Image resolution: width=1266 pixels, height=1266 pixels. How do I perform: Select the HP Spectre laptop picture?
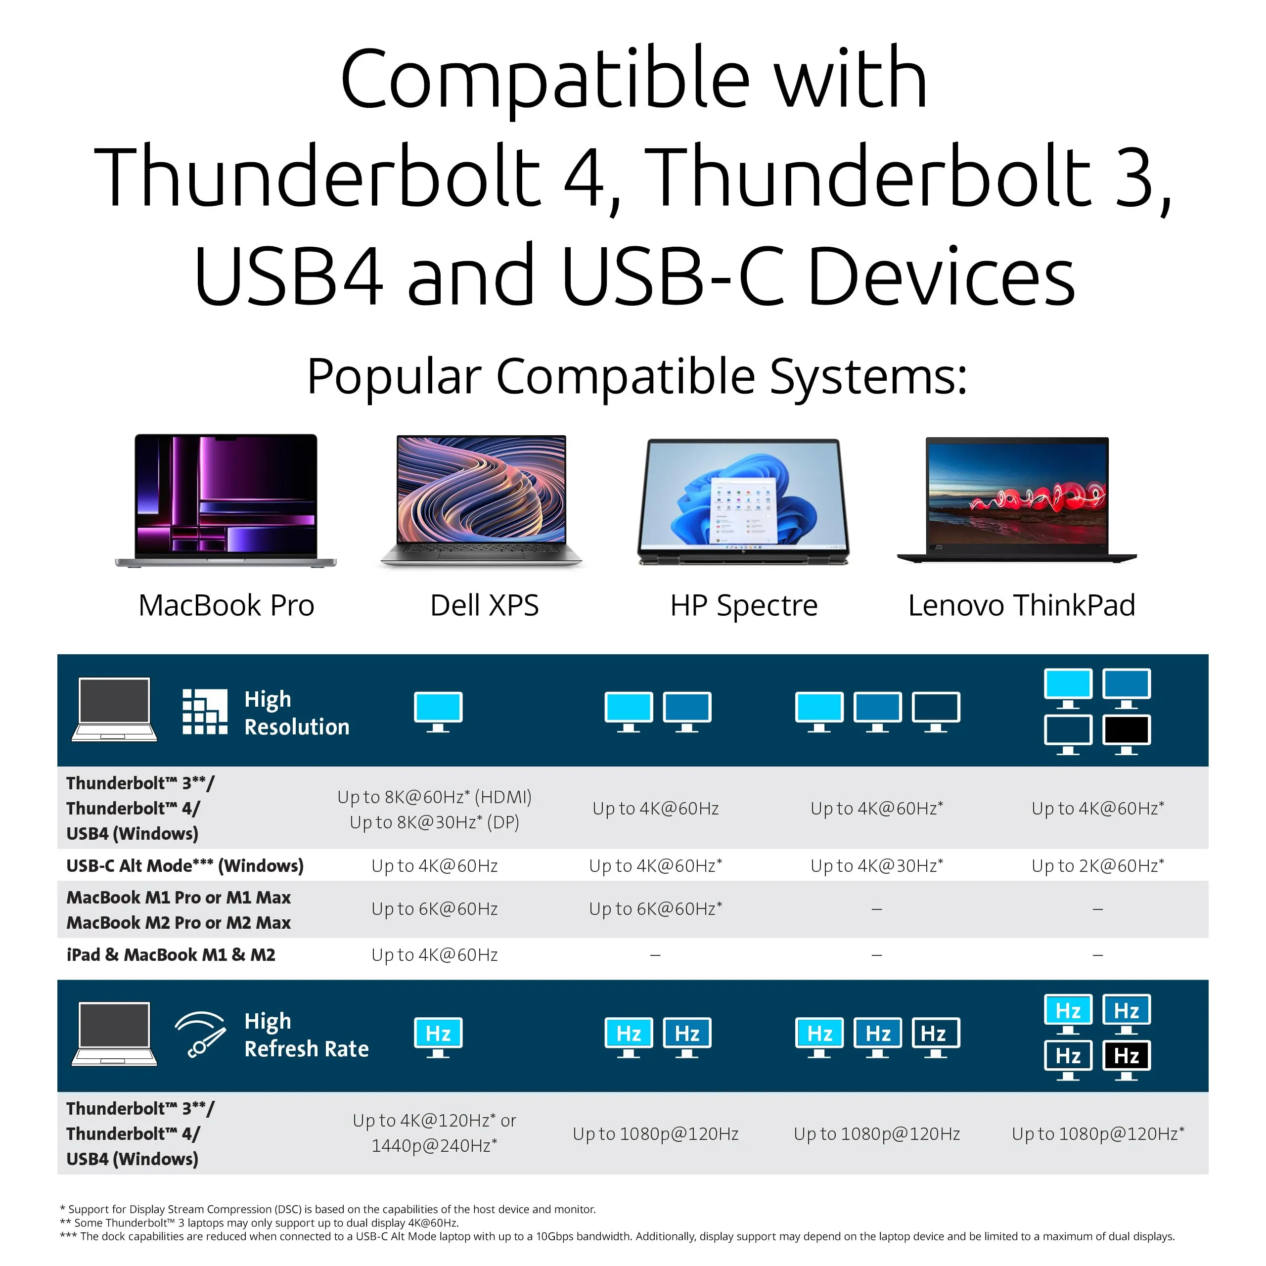[743, 501]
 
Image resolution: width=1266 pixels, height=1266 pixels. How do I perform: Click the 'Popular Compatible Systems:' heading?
[637, 377]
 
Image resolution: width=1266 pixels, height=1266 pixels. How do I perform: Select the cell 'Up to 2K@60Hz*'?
[1097, 865]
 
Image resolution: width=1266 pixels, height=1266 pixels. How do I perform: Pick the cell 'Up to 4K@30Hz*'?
[877, 865]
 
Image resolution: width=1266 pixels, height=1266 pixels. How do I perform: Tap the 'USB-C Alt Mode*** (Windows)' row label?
[185, 865]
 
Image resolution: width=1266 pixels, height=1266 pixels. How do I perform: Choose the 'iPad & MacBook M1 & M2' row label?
[171, 955]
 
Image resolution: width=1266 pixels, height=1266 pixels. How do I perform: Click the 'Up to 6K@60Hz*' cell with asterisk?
[655, 909]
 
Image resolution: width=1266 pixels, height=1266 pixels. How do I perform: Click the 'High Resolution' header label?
[296, 713]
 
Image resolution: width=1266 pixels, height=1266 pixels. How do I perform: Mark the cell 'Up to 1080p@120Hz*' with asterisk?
[1097, 1133]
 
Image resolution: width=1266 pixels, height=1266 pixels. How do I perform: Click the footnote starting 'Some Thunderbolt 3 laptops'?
[260, 1223]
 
